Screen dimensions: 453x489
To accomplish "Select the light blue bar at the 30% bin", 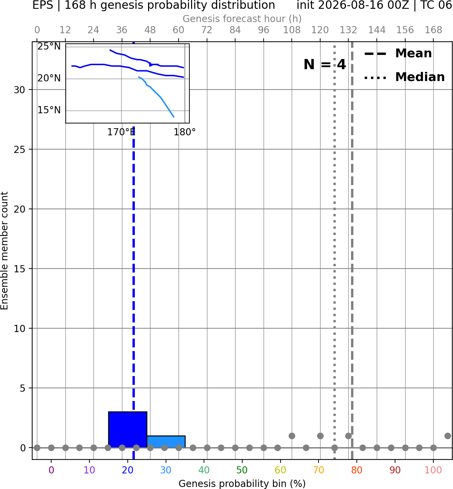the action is click(x=166, y=442).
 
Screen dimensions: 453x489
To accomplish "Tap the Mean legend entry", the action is click(x=398, y=54).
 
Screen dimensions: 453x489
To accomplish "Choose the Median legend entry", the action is click(x=404, y=77).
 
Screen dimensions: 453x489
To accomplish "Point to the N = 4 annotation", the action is click(x=325, y=64).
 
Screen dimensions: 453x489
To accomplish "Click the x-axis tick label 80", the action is click(x=357, y=470).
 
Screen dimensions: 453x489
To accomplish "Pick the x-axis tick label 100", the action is click(x=433, y=470).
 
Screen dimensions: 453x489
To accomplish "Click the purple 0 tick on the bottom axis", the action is click(x=51, y=470).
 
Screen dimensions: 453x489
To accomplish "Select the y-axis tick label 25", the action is click(x=20, y=150).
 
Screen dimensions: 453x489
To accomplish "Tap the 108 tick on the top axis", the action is click(x=292, y=30).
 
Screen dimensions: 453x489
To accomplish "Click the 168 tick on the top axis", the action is click(x=433, y=30).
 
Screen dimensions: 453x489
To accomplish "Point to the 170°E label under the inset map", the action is click(x=121, y=132).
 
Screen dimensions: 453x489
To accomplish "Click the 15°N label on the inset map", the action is click(x=49, y=110).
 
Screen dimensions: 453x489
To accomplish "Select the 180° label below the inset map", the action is click(x=185, y=132).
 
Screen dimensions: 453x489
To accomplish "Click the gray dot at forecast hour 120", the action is click(x=320, y=436).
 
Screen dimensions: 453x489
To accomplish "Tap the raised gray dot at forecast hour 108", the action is click(x=292, y=436).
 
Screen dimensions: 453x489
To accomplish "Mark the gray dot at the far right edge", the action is click(x=448, y=436).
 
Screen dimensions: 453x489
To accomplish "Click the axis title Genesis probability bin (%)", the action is click(x=242, y=484).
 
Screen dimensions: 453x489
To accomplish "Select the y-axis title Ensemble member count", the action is click(x=4, y=251).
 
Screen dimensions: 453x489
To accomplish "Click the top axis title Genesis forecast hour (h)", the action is click(x=242, y=19).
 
